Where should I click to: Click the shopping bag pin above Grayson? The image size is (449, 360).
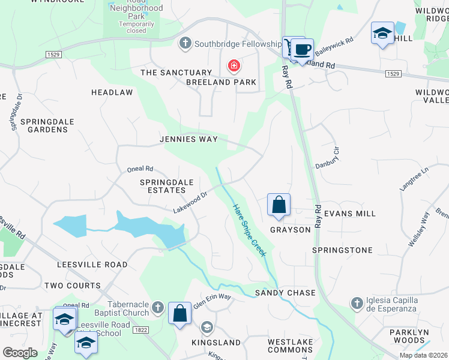click(x=279, y=205)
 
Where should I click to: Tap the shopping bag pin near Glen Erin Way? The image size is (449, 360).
click(x=179, y=314)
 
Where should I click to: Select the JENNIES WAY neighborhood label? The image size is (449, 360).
click(x=188, y=139)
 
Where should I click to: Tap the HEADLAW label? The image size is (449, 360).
click(x=112, y=92)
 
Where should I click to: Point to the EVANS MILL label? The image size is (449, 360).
click(x=349, y=214)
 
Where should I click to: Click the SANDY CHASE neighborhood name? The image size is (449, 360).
click(x=285, y=293)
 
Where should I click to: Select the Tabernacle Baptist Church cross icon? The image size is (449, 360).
click(x=157, y=308)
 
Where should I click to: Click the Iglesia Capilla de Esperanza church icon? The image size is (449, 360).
click(x=357, y=302)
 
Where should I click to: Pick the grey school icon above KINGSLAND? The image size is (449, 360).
click(x=207, y=327)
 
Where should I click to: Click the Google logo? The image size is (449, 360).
click(x=20, y=353)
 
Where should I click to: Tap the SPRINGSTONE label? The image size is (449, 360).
click(x=342, y=250)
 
